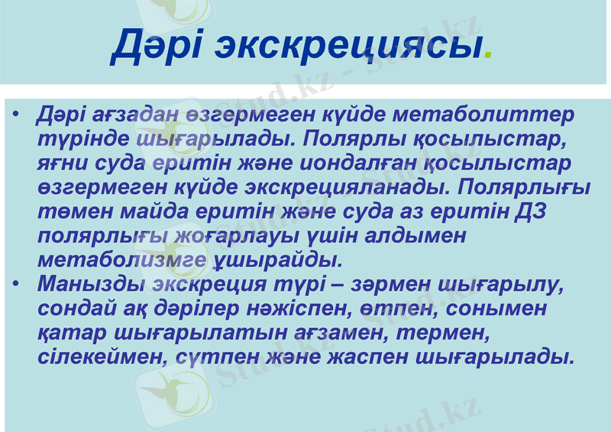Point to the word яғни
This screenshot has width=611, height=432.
(x=63, y=164)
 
